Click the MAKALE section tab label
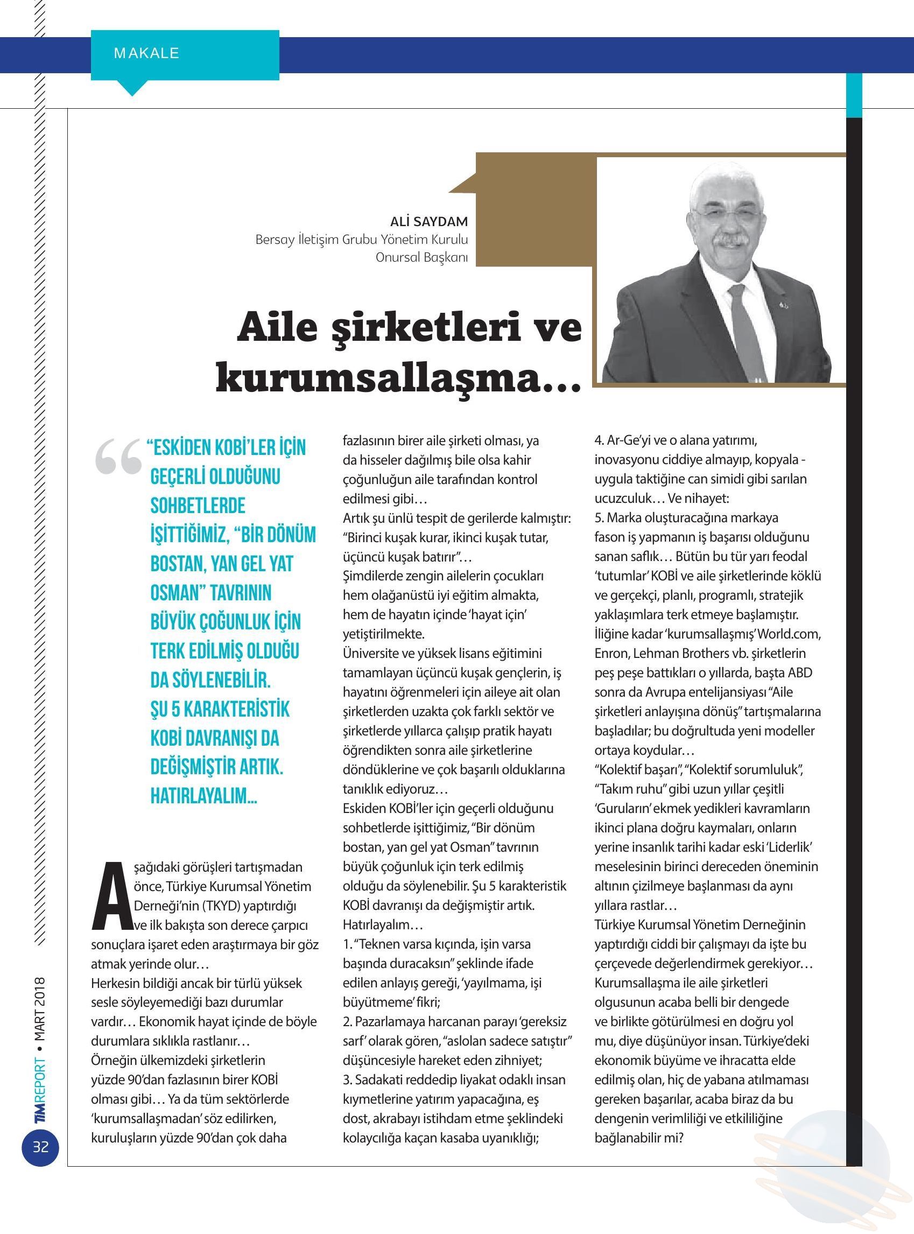tap(146, 54)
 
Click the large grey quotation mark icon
tap(117, 458)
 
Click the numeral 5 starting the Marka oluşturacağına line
tap(598, 518)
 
